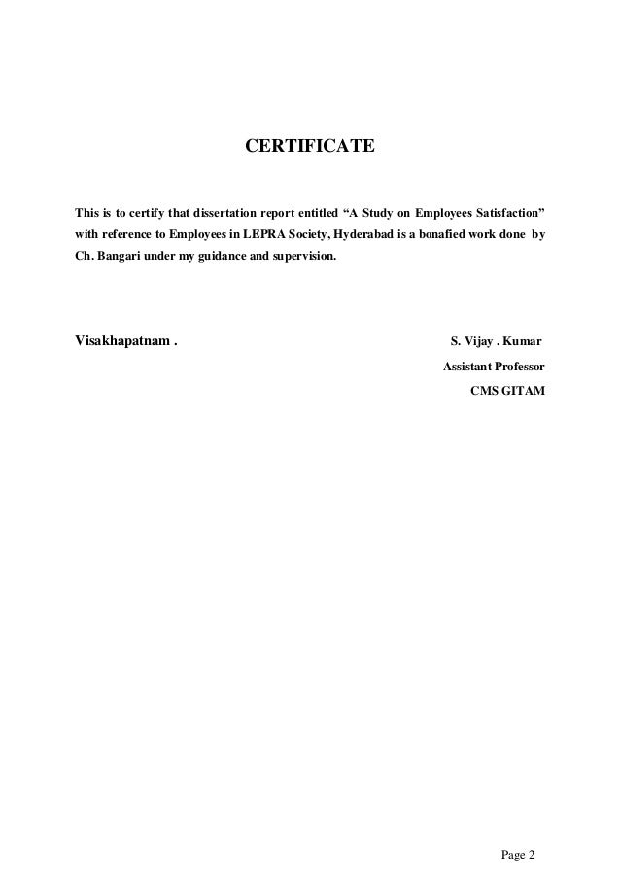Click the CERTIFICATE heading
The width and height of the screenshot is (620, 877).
pos(309,147)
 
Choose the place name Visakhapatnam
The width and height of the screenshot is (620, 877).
pos(121,343)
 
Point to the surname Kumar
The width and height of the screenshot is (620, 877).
pos(523,343)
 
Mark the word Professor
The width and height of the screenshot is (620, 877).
pos(521,368)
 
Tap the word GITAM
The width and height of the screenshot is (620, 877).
pos(525,391)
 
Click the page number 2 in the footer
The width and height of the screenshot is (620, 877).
pos(532,828)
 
